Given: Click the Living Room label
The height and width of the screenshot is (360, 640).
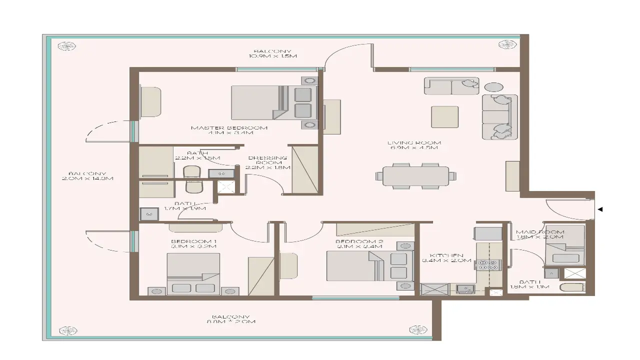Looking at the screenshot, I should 414,143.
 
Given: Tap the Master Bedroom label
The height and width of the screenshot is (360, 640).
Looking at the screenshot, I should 229,128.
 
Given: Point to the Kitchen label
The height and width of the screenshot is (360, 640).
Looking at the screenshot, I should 446,255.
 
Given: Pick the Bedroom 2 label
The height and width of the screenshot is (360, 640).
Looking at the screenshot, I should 359,242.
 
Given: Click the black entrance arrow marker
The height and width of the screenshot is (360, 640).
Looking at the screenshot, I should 600,209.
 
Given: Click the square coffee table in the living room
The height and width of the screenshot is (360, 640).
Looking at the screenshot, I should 444,116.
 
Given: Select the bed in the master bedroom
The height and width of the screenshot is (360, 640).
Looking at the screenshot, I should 274,102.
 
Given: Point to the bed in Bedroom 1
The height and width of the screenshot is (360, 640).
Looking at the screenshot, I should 193,273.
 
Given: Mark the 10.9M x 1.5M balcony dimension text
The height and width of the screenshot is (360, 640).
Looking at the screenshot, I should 272,56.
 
